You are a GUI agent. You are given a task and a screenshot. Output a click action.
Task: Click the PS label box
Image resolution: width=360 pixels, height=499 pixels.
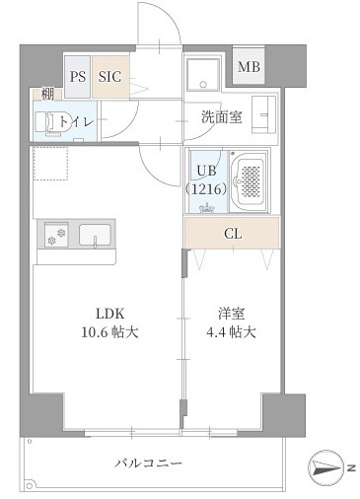(78, 75)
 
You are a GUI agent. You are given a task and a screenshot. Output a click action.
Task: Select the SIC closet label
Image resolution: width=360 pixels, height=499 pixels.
(110, 75)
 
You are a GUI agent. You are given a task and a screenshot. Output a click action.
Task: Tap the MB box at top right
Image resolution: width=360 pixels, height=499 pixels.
(251, 67)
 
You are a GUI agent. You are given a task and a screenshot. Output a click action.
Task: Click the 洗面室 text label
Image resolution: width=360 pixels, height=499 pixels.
(222, 114)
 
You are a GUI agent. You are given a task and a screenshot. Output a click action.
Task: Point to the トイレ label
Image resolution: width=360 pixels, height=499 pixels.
(77, 120)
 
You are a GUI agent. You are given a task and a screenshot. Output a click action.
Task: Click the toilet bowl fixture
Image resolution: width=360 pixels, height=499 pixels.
(46, 121)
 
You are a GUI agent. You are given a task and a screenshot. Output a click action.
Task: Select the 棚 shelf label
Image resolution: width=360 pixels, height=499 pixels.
(46, 95)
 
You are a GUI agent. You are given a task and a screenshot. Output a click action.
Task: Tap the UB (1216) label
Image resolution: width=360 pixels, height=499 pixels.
(206, 178)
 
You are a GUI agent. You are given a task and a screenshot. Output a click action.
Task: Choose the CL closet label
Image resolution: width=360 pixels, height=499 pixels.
(232, 234)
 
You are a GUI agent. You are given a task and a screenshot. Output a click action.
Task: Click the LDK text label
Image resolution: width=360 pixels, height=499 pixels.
(108, 314)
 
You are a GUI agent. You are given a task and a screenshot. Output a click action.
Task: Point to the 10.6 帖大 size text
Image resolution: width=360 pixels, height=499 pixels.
(108, 331)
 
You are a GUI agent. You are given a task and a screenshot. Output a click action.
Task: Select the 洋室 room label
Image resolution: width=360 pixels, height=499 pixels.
(232, 314)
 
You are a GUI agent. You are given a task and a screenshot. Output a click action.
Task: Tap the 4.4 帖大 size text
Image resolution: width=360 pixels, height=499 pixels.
(232, 331)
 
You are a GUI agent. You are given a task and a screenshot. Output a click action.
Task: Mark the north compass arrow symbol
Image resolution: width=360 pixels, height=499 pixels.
(324, 466)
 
